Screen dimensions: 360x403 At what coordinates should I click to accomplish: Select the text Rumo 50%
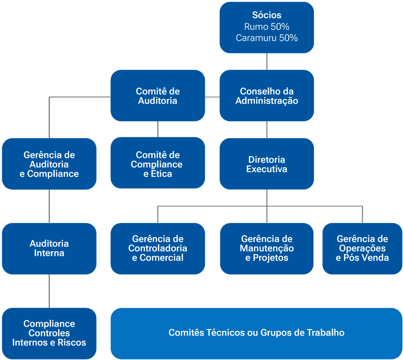click(267, 27)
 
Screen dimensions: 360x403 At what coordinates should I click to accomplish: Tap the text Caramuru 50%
click(267, 38)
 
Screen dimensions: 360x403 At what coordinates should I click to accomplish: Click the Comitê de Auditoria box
click(157, 96)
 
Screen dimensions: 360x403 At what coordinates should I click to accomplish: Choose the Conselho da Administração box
click(267, 96)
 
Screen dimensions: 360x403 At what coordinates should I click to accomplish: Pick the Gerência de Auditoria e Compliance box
click(49, 164)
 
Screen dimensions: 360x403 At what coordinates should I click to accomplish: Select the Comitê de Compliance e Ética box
click(157, 164)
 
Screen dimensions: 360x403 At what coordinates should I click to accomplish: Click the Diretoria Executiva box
click(267, 164)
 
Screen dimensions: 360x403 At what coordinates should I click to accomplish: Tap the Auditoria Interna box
click(49, 248)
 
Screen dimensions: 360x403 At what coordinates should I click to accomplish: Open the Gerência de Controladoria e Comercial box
click(157, 248)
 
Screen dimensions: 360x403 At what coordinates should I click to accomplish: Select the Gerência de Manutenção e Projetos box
click(267, 248)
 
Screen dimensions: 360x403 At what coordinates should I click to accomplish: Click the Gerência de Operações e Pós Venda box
click(362, 248)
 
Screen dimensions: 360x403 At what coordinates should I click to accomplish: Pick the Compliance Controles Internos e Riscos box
click(49, 333)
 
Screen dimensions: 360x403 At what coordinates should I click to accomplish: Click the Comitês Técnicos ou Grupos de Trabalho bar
click(256, 333)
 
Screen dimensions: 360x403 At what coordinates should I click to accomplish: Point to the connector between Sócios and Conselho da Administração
click(267, 61)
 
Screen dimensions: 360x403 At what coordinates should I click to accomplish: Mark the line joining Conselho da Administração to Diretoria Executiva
click(267, 129)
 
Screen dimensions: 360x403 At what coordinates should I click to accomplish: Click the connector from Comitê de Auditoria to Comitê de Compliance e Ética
click(157, 129)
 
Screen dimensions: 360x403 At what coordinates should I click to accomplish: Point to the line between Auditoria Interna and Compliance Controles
click(49, 291)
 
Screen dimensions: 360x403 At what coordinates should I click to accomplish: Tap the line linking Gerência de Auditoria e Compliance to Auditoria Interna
click(49, 206)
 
